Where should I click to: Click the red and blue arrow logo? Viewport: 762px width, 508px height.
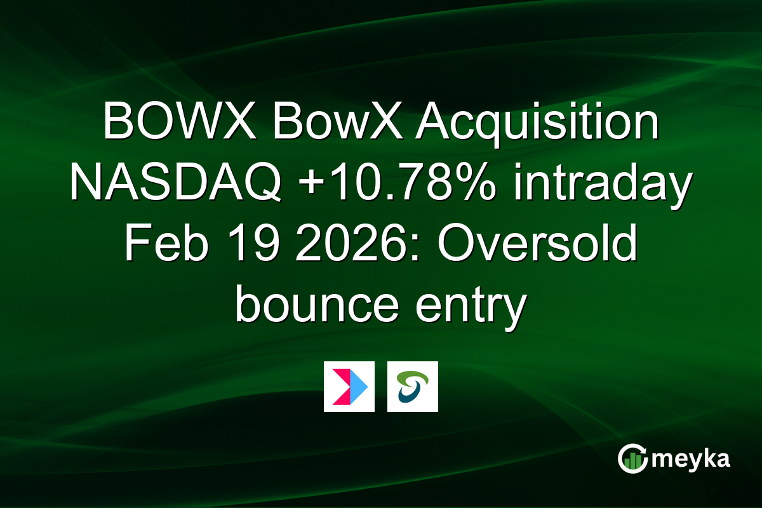pyautogui.click(x=349, y=387)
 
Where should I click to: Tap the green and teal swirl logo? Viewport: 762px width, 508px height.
pyautogui.click(x=412, y=387)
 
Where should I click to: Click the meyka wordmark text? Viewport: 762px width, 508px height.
pyautogui.click(x=693, y=459)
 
